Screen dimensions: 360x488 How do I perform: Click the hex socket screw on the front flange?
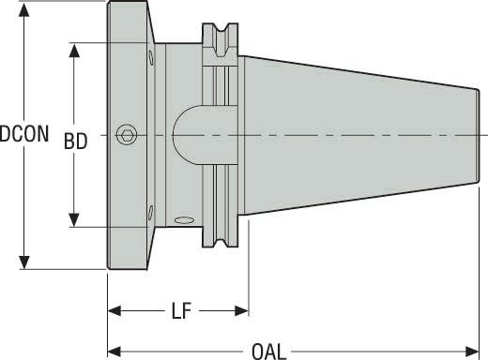126,135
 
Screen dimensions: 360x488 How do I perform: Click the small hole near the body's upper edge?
149,60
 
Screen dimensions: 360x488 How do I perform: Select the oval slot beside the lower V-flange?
184,220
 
